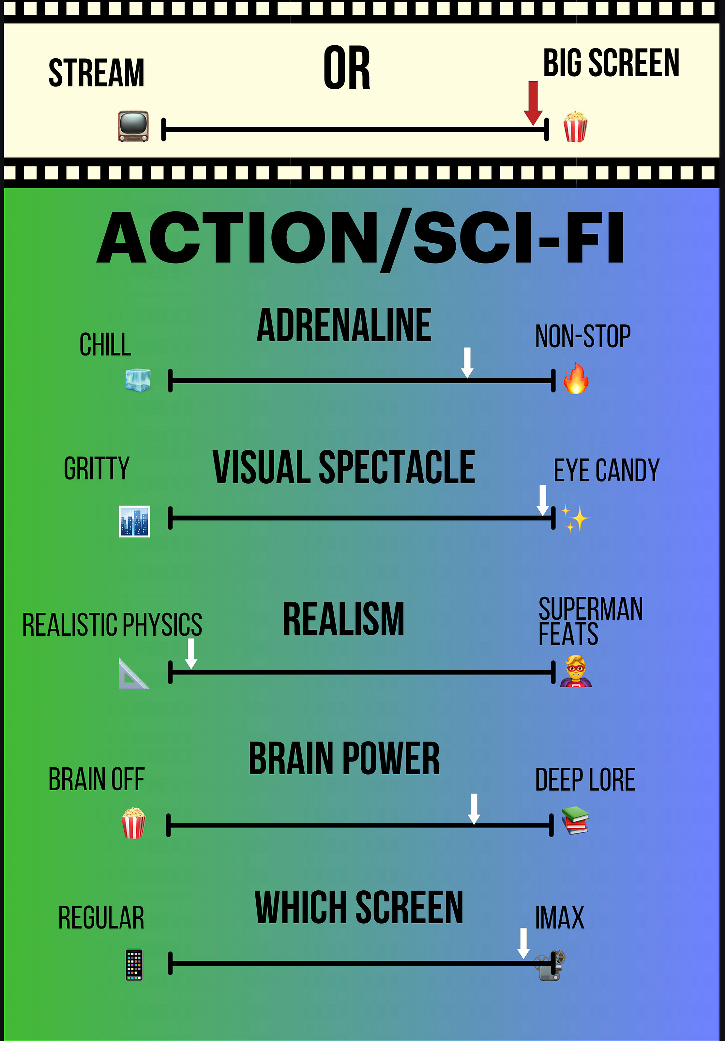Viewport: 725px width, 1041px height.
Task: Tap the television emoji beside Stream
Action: (133, 126)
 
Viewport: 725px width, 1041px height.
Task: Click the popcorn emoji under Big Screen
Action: (575, 127)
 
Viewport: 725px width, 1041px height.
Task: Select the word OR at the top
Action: (347, 68)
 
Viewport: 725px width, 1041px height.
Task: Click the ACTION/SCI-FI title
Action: (361, 238)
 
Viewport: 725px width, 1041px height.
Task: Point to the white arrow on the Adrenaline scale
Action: (467, 362)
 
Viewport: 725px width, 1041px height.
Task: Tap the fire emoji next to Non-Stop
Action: (576, 379)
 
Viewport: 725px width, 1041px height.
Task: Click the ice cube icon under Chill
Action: (138, 380)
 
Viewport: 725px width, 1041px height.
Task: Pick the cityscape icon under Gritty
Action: (134, 521)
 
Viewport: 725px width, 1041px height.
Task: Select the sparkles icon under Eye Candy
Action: (575, 519)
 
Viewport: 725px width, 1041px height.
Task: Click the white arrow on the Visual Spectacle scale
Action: (543, 500)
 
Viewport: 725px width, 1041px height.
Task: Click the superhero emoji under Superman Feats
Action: (576, 671)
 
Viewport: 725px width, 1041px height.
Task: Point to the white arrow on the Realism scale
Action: (191, 653)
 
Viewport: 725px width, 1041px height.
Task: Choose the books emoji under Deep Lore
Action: (575, 820)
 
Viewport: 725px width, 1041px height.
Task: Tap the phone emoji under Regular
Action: (134, 965)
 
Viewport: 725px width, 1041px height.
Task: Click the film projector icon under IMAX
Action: (550, 965)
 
